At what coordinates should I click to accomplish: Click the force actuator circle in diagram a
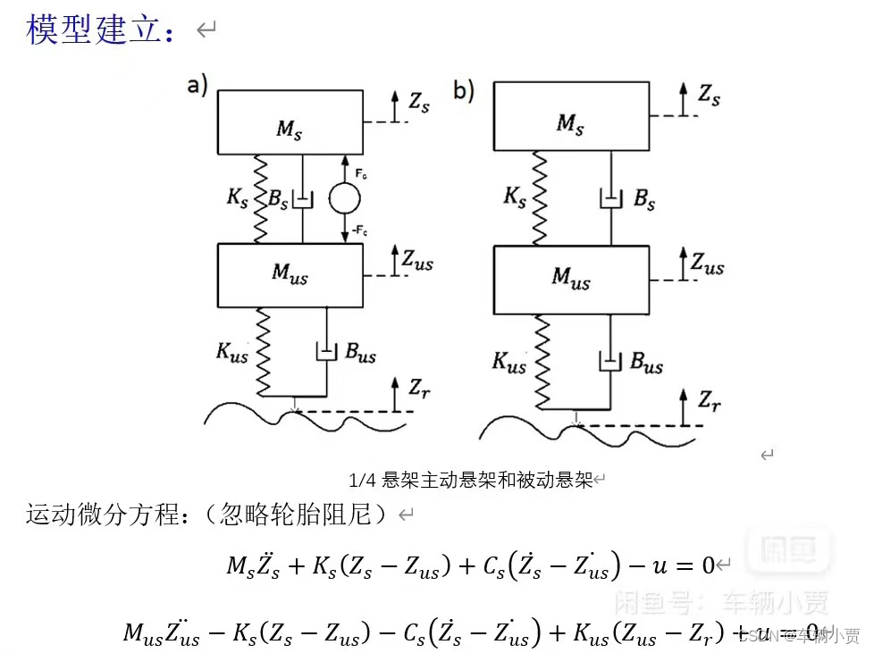click(341, 198)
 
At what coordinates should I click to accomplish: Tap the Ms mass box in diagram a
click(290, 121)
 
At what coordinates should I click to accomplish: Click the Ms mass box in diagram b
click(571, 114)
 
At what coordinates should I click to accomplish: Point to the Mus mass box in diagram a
click(290, 274)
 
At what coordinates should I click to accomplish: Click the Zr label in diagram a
click(421, 389)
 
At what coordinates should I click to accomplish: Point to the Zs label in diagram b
click(709, 94)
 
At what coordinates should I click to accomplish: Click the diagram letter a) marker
click(197, 86)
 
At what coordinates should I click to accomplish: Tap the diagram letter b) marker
click(464, 89)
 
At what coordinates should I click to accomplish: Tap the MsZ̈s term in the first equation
click(252, 565)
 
